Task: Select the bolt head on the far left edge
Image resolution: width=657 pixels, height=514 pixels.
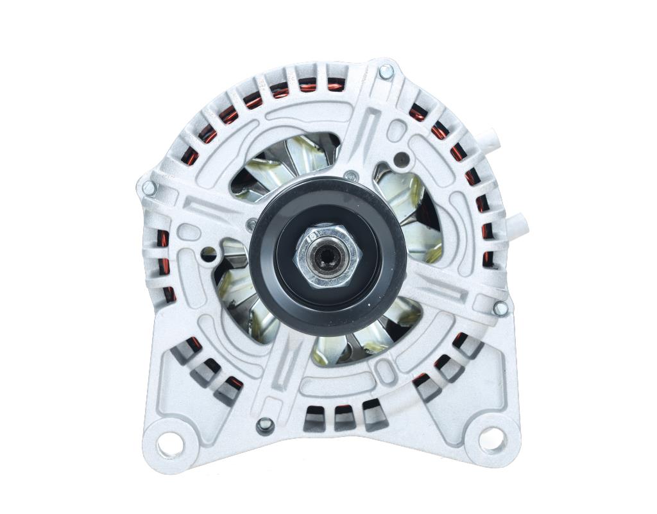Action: coord(148,188)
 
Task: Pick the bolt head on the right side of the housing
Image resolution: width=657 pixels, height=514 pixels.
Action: coord(500,308)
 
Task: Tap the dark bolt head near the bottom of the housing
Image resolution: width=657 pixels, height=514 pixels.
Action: coord(264,425)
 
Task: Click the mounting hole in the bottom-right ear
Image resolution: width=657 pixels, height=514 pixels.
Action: coord(490,440)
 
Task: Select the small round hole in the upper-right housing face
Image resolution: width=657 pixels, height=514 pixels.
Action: coord(402,157)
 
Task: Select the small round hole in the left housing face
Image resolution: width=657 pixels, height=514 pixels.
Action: coord(209,254)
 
